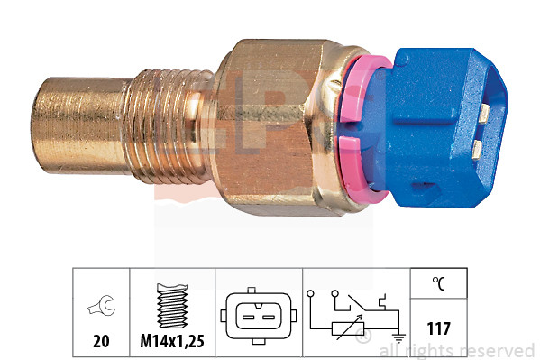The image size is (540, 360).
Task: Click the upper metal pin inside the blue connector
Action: click(x=484, y=112)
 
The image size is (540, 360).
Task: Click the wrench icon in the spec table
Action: click(x=100, y=310)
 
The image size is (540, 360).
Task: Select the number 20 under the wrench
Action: click(x=100, y=343)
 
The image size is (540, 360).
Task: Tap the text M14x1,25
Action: click(x=171, y=343)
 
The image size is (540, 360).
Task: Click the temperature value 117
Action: click(x=439, y=329)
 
